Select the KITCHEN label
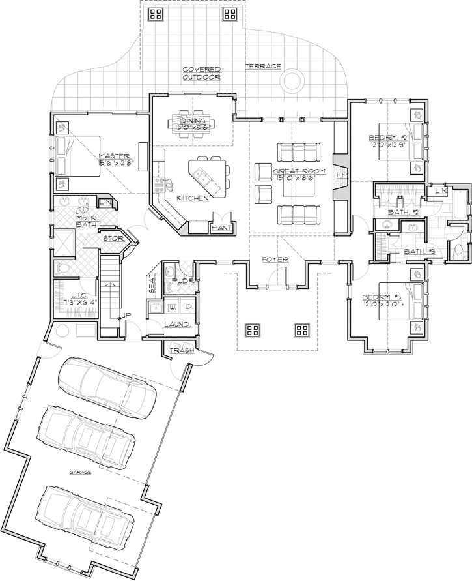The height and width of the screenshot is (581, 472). [x=192, y=198]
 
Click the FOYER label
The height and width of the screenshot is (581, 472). [x=275, y=260]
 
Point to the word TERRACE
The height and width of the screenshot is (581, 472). [x=263, y=67]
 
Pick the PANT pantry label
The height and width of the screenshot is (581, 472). [x=217, y=228]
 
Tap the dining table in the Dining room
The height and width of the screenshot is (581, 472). [x=193, y=121]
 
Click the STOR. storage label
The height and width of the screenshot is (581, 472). [x=114, y=239]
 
